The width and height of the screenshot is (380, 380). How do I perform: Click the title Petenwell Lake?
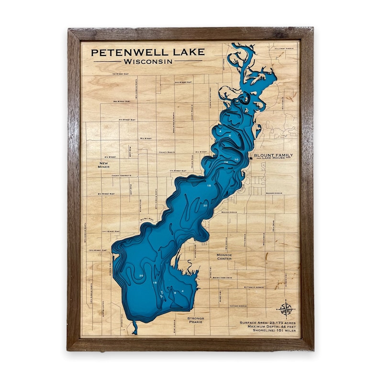pos(148,52)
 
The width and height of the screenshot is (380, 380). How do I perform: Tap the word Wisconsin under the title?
pos(148,61)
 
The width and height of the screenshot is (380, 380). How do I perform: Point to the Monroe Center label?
pos(224,257)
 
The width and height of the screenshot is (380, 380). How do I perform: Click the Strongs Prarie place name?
pos(196,320)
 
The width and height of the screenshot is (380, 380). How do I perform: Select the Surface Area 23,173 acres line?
pos(268,323)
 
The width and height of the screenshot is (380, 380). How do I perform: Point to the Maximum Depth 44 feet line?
pos(268,326)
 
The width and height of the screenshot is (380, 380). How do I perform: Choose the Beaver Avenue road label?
pos(229,211)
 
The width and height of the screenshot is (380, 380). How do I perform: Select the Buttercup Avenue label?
pos(254,287)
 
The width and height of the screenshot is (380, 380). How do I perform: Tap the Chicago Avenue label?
pos(238,305)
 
